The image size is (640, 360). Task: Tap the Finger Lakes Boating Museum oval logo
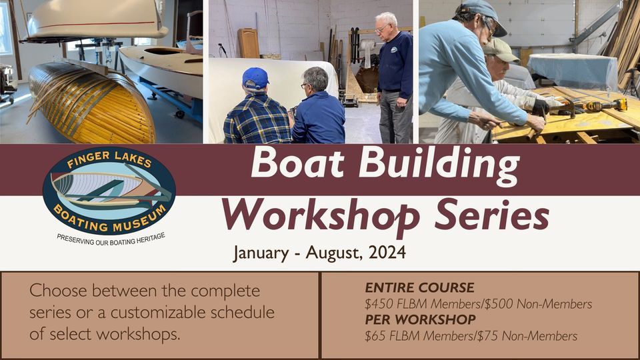(x=109, y=189)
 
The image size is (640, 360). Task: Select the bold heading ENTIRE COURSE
(x=419, y=288)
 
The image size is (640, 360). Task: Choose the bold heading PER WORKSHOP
(x=420, y=319)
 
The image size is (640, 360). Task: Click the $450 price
(x=381, y=304)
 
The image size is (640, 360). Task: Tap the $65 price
(x=377, y=336)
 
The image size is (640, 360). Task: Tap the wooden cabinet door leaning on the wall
(x=249, y=43)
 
